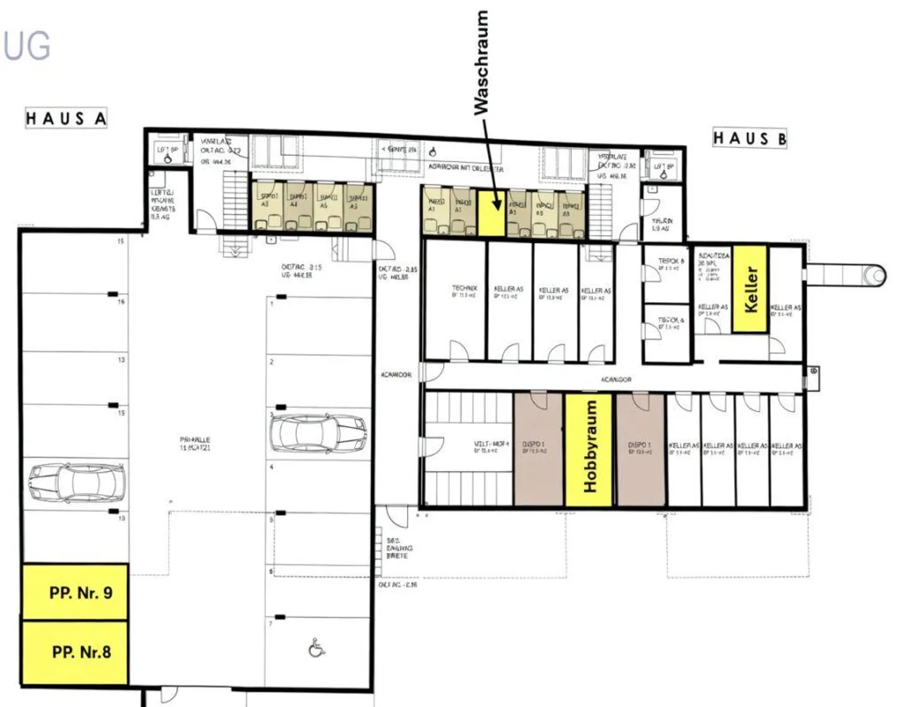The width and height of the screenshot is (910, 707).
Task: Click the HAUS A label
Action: point(66,119)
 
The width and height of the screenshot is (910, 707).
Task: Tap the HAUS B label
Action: point(749,138)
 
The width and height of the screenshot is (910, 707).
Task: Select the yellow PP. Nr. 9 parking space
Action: point(75,592)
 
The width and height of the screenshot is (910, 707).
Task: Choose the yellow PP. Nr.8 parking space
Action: point(75,652)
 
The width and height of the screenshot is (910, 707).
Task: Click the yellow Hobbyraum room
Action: point(588,450)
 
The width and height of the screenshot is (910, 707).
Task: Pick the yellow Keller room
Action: point(749,289)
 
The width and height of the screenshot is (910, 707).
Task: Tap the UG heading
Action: point(27,45)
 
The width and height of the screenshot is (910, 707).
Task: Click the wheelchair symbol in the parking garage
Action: point(317,648)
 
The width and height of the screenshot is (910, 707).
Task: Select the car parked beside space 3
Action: point(318,434)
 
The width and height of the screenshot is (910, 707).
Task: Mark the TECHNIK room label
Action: point(464,288)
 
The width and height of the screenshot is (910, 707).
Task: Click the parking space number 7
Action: point(271,624)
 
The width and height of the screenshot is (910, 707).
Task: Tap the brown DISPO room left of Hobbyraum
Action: point(538,449)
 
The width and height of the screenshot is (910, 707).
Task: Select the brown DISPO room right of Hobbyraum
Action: point(640,449)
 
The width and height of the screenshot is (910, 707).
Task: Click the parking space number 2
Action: point(272,362)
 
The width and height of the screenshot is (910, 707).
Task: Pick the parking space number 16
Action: point(121,302)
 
